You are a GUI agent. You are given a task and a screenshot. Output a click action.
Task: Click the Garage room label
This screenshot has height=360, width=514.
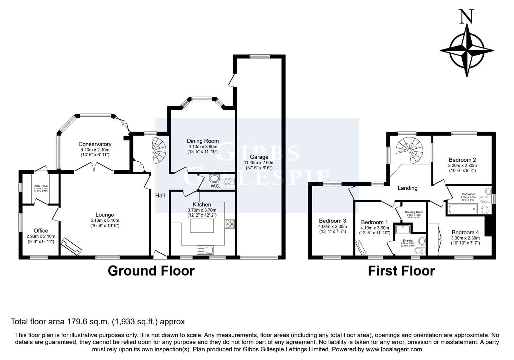click(259, 157)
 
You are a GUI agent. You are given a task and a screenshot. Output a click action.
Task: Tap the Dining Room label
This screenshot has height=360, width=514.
click(203, 141)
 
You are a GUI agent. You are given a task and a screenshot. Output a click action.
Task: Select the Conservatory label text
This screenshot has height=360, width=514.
click(95, 144)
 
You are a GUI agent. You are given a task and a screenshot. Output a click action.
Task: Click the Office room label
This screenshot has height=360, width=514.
click(41, 230)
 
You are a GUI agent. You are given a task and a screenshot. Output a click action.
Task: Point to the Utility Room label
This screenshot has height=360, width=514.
click(40, 186)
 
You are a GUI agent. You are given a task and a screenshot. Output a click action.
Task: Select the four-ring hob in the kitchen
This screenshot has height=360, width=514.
click(230, 223)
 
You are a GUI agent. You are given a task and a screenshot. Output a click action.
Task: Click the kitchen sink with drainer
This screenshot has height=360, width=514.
click(205, 250)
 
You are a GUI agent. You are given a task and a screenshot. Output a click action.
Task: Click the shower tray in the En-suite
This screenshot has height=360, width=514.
click(401, 229)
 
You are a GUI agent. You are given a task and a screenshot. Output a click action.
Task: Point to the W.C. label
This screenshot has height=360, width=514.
click(215, 186)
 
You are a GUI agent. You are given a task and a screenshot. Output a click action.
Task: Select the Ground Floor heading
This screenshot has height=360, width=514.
click(151, 271)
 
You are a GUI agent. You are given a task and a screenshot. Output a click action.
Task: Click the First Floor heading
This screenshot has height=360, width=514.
click(401, 271)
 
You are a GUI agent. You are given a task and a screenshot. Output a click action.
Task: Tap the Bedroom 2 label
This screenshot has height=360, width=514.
click(462, 160)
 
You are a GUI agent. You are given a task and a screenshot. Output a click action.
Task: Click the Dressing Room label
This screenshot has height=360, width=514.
click(414, 212)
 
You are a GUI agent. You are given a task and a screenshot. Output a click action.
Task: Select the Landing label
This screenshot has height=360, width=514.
click(407, 188)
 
